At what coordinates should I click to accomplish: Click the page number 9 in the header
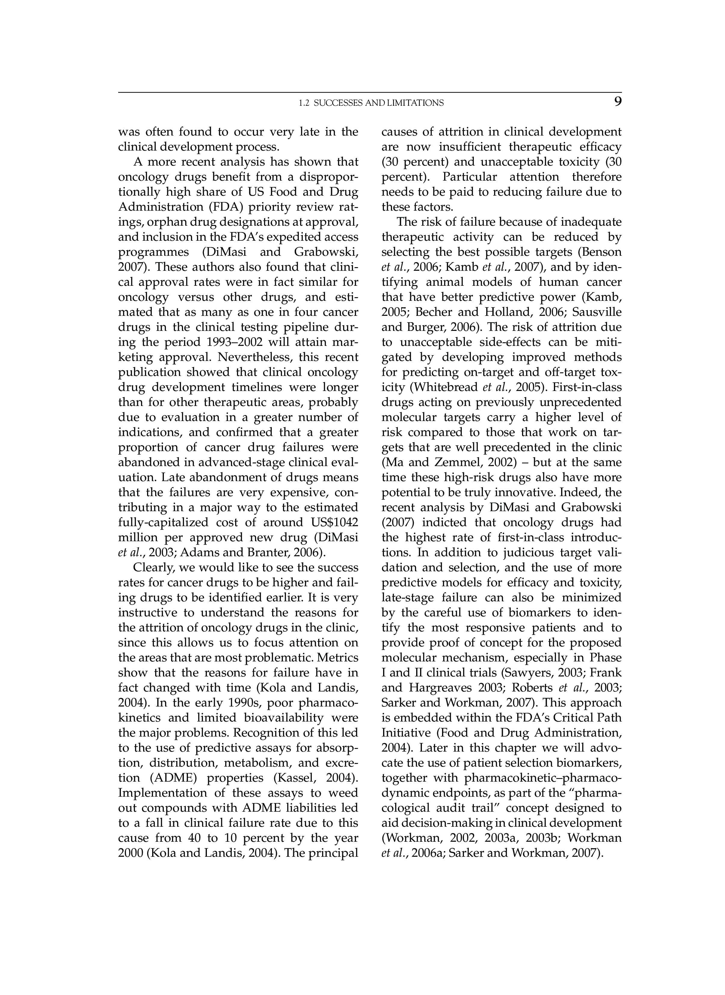tap(617, 102)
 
